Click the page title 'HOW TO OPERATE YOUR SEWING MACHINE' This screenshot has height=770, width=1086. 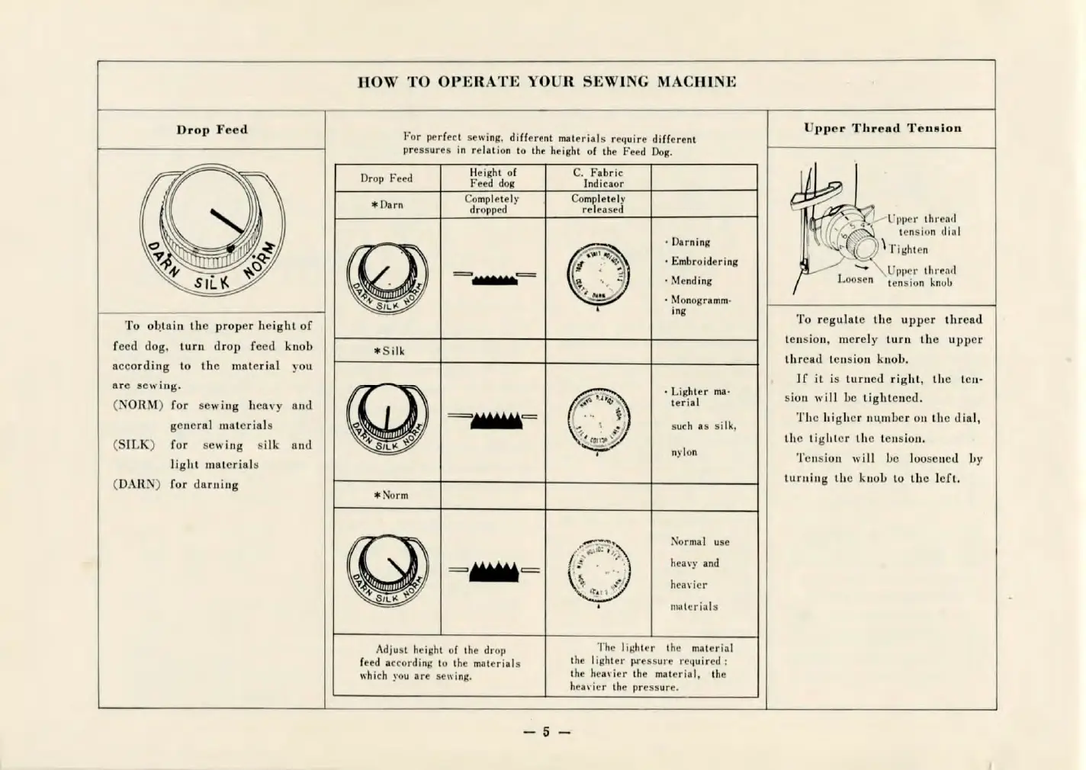tap(546, 82)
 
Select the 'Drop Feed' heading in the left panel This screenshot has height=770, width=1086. tap(212, 130)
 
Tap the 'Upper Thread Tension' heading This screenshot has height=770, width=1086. tap(882, 128)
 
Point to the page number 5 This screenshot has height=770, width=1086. tap(546, 733)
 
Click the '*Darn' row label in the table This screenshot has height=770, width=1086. tap(387, 204)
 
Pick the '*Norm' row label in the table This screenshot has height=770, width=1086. tap(390, 495)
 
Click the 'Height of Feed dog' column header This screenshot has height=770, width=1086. tap(492, 178)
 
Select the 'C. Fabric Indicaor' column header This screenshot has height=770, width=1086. tap(599, 178)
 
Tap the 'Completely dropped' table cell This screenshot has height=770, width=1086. tap(492, 204)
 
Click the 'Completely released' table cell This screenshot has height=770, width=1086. tap(599, 204)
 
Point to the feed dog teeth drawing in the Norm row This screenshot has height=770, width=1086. tap(494, 571)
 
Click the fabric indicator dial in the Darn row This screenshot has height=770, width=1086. tap(599, 276)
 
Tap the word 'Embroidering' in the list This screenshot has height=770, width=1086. tap(704, 261)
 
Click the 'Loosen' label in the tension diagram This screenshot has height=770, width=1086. tap(855, 279)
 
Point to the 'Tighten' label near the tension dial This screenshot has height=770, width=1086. tap(908, 249)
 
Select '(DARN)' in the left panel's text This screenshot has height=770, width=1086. tap(137, 484)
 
